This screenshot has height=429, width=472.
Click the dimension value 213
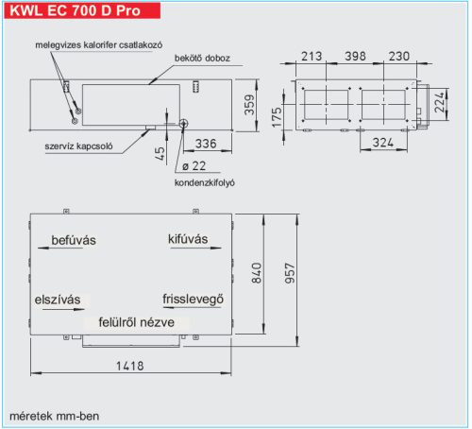[309, 57]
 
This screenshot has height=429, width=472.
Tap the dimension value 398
[357, 57]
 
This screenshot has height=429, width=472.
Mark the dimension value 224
[457, 102]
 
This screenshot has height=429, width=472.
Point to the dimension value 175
[277, 117]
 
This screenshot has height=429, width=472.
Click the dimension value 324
[380, 143]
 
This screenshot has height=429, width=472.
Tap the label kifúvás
[188, 239]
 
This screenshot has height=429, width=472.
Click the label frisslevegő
[194, 300]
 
